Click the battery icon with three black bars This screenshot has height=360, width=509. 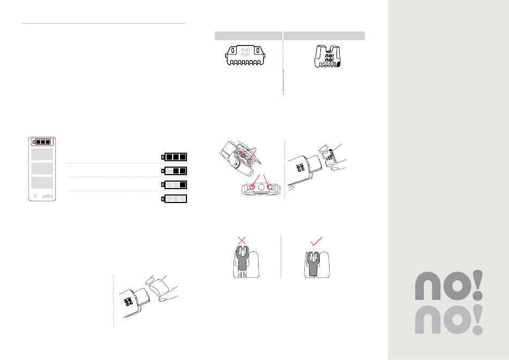pos(174,157)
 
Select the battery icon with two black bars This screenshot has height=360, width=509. pos(174,171)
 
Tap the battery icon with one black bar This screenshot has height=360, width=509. pos(174,185)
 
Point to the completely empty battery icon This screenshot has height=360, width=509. pos(174,199)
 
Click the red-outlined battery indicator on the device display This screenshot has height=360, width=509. pos(42,142)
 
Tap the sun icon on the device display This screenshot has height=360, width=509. pos(35,196)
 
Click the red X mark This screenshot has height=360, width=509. pos(242,241)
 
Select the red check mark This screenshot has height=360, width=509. pos(316,241)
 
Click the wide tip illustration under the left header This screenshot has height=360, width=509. pos(245,55)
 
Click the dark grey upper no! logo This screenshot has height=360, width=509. pos(449,286)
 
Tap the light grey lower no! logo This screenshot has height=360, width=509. pos(449,320)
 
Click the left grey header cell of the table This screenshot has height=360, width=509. pos(248,36)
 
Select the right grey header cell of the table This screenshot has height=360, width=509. pos(324,36)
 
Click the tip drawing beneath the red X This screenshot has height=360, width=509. pos(246,262)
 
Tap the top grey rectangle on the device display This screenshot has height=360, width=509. pos(42,154)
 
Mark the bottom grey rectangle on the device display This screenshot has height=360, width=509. pos(42,183)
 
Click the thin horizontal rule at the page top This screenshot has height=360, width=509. pos(103,24)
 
